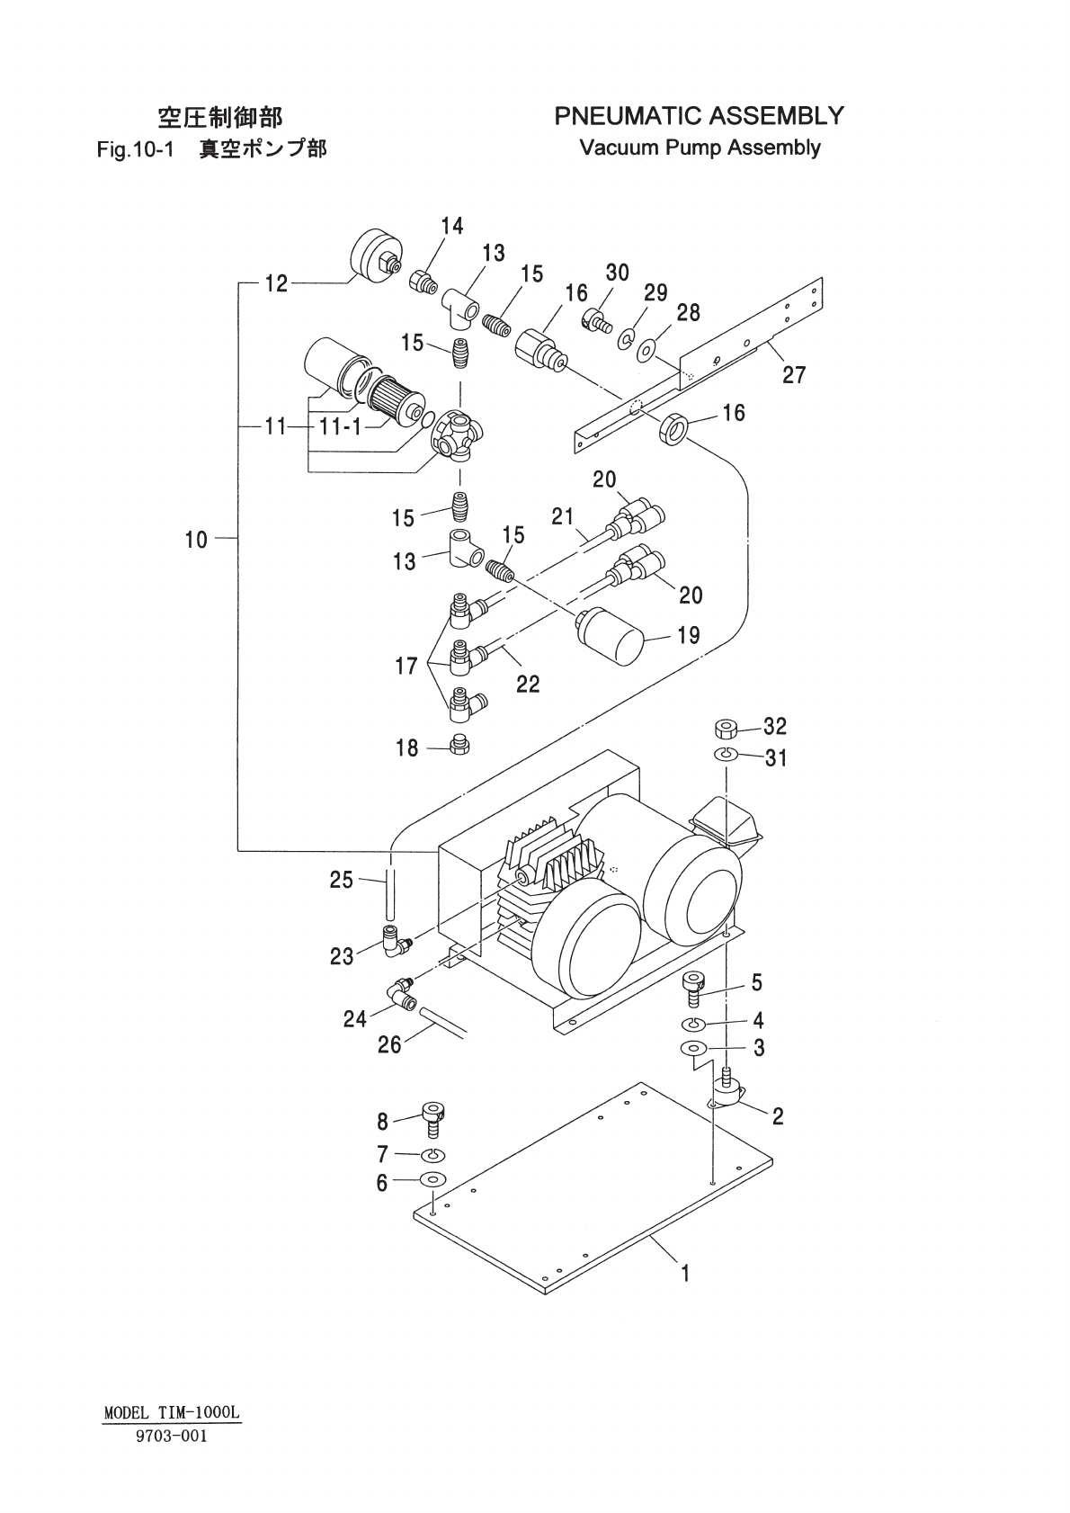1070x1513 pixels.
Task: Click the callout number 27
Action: coord(794,373)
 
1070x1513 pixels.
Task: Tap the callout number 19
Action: coord(689,636)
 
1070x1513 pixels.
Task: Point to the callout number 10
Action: coord(196,540)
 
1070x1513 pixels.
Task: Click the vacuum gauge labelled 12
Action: coord(374,255)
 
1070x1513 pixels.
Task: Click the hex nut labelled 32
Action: coord(726,727)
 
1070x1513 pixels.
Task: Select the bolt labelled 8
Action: coord(433,1119)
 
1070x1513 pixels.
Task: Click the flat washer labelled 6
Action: coord(432,1180)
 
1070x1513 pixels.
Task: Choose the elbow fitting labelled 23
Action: coord(394,941)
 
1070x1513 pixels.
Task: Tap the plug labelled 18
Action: coord(460,745)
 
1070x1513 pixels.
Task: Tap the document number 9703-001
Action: coord(171,1436)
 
